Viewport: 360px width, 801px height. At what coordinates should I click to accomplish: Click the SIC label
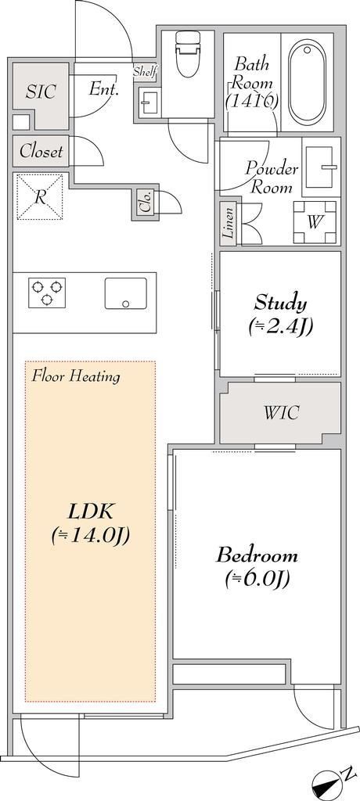41,92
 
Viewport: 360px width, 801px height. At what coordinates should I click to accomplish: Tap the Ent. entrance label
104,89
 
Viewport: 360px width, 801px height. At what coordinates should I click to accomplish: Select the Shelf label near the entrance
144,72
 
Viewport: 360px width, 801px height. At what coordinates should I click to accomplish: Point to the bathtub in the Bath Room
306,81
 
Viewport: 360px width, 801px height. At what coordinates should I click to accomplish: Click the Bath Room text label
251,83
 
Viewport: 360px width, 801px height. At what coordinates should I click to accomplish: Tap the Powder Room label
271,178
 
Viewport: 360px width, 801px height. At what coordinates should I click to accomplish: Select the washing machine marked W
315,222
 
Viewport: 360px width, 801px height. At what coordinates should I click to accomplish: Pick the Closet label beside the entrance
41,151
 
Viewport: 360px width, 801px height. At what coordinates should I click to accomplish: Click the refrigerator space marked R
40,197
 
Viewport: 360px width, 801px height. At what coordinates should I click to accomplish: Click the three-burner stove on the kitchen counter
46,293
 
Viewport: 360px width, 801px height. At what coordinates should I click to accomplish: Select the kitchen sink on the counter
126,294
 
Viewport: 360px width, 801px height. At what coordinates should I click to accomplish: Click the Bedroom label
257,566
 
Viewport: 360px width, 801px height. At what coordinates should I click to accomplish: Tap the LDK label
90,523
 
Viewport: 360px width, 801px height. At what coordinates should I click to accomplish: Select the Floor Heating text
76,377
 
